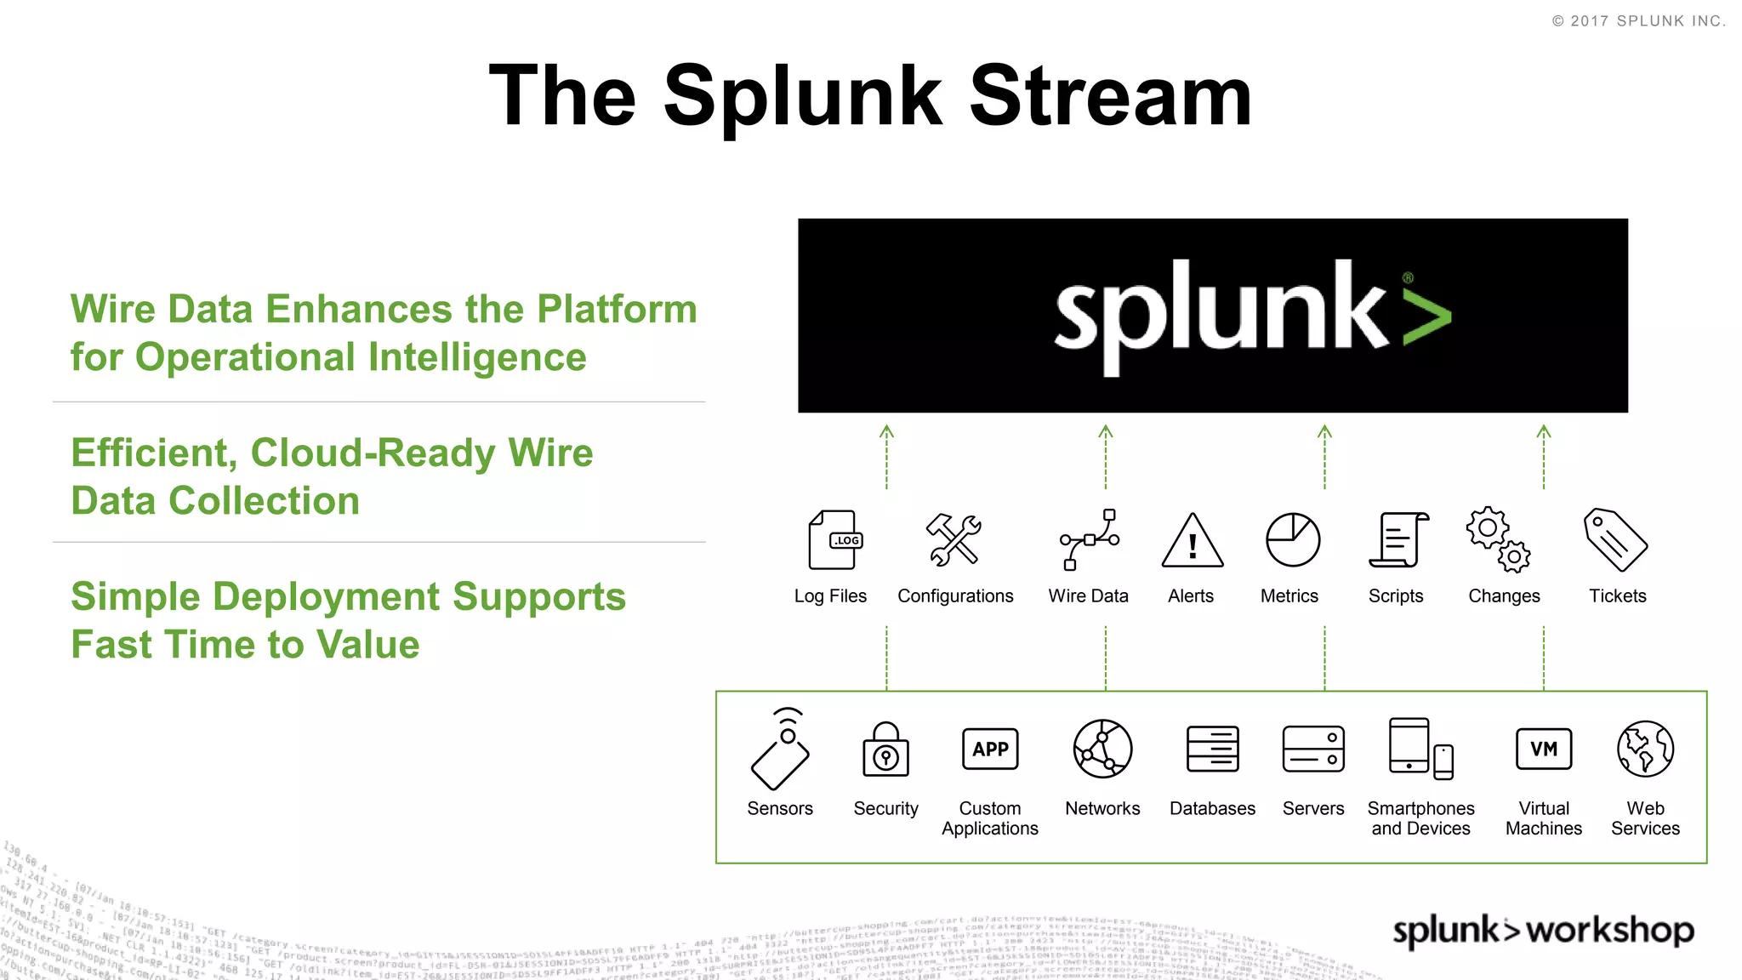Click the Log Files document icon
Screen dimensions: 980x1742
pyautogui.click(x=834, y=540)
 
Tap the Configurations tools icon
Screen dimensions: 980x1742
pyautogui.click(x=954, y=540)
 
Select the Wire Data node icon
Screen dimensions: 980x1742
pyautogui.click(x=1090, y=540)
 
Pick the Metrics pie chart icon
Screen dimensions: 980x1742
pyautogui.click(x=1292, y=540)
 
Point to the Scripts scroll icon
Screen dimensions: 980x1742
pyautogui.click(x=1398, y=540)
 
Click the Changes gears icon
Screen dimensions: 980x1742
pyautogui.click(x=1499, y=540)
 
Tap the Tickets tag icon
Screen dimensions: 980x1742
pyautogui.click(x=1614, y=540)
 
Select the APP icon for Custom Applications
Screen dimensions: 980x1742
pyautogui.click(x=990, y=749)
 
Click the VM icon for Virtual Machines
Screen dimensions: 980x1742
pyautogui.click(x=1544, y=749)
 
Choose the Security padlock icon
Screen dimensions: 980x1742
pyautogui.click(x=885, y=750)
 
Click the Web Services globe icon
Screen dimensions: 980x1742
pyautogui.click(x=1645, y=749)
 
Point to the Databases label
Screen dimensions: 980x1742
pyautogui.click(x=1212, y=809)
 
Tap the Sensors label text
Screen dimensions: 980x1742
pyautogui.click(x=780, y=809)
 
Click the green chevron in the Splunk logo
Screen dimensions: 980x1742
pyautogui.click(x=1426, y=316)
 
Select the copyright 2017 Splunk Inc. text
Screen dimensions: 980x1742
pyautogui.click(x=1638, y=21)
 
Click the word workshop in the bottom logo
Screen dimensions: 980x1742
pyautogui.click(x=1609, y=931)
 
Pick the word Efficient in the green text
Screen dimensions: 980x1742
pyautogui.click(x=153, y=453)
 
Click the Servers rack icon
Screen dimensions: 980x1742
pyautogui.click(x=1312, y=749)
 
